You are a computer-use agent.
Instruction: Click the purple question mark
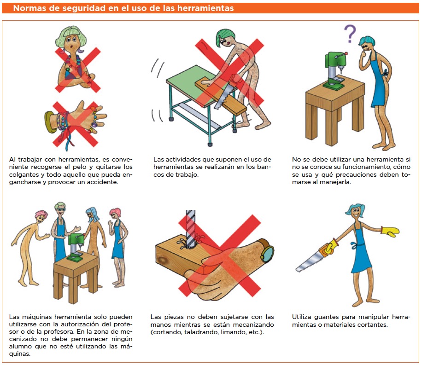click(350, 34)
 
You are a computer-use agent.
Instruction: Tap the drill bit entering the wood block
click(191, 229)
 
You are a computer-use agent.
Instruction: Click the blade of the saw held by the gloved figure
click(309, 262)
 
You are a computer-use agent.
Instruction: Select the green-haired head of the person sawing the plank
click(226, 38)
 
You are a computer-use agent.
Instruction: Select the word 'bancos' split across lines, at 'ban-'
click(264, 167)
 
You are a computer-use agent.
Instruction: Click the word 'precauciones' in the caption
click(356, 174)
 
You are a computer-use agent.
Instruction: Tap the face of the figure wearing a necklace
click(71, 44)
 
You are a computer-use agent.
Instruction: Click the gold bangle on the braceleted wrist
click(50, 122)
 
